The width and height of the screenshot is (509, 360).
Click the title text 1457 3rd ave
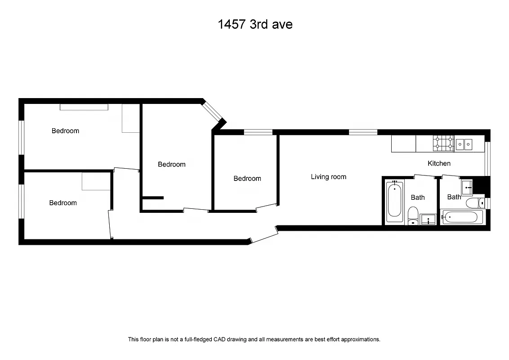coord(255,24)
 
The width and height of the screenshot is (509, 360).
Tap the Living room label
coord(328,177)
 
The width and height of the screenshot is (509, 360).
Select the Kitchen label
coord(439,163)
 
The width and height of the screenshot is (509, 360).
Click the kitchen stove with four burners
coord(443,144)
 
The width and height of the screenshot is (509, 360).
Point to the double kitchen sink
coord(464,144)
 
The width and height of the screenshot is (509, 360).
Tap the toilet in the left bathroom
coord(413,215)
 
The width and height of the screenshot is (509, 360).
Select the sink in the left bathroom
coord(428,220)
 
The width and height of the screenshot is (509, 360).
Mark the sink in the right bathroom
coord(467,185)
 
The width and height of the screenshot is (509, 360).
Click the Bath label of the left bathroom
coord(418,197)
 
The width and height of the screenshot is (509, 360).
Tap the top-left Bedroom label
coord(65,131)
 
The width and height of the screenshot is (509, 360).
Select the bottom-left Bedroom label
coord(63,203)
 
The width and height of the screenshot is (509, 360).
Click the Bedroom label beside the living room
coord(247,179)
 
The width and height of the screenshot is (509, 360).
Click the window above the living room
coord(363,132)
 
